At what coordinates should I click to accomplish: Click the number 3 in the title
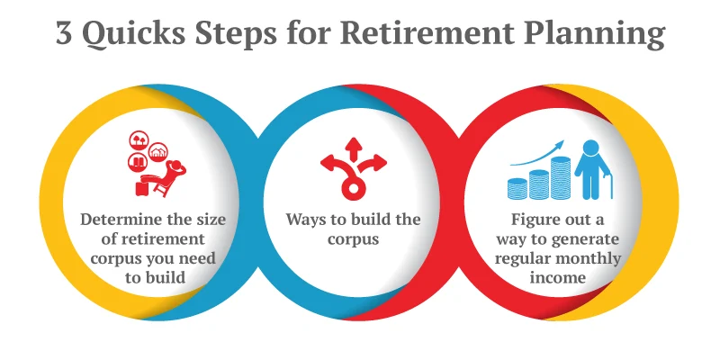point(65,35)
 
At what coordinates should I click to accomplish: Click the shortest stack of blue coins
point(517,189)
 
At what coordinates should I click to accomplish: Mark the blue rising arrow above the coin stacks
point(541,153)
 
